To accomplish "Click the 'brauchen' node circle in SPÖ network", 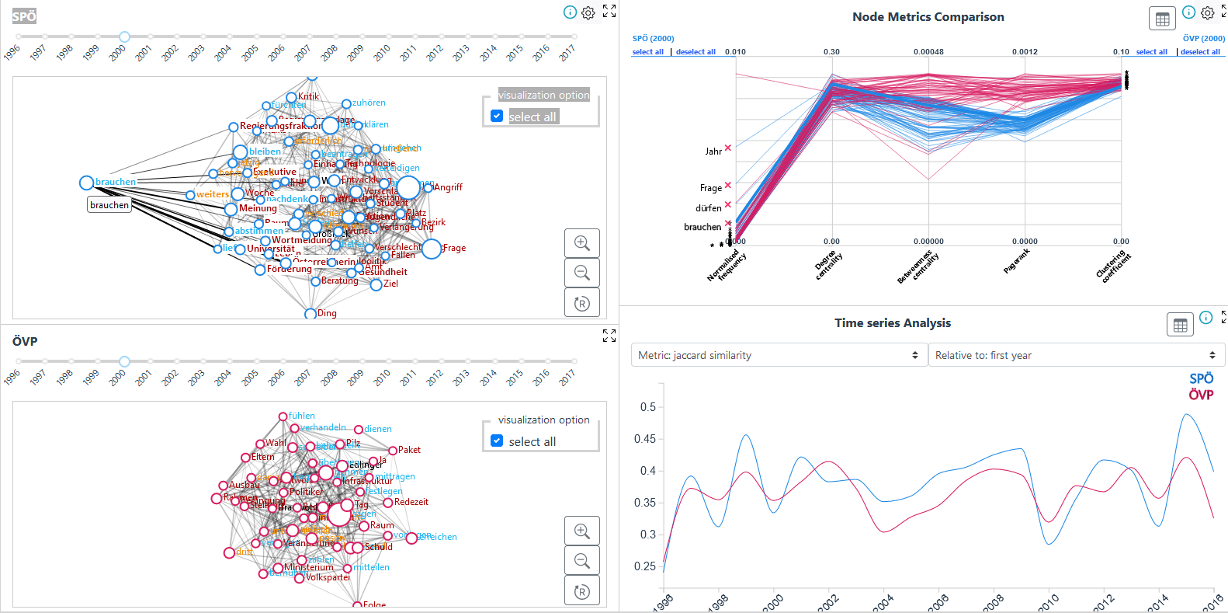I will click(x=86, y=183).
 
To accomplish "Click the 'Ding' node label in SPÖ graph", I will click(x=327, y=313).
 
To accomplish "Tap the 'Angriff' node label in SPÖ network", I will click(x=448, y=187).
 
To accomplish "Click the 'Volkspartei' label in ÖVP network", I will click(x=328, y=577).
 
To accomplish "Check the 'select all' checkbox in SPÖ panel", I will click(x=497, y=116).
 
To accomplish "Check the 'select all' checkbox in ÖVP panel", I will click(x=497, y=441).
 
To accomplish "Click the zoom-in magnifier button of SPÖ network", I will click(x=581, y=242).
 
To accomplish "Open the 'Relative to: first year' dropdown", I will click(x=1076, y=355).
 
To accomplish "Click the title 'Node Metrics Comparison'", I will click(x=928, y=17).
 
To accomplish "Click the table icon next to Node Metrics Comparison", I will click(x=1162, y=19).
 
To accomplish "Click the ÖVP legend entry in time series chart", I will click(x=1201, y=395).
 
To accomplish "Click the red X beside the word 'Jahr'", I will click(x=727, y=148).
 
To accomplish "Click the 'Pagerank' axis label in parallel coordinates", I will click(x=1017, y=261).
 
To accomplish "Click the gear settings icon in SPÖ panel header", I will click(x=588, y=12).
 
